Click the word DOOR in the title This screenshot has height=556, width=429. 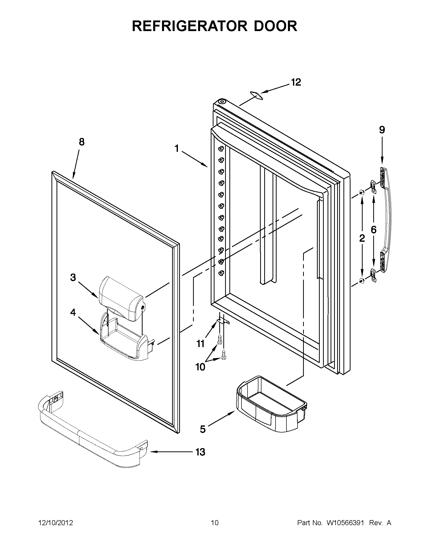pyautogui.click(x=275, y=26)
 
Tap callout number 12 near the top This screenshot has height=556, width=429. pyautogui.click(x=296, y=82)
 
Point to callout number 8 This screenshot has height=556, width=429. pyautogui.click(x=81, y=142)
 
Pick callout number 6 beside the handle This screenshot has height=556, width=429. pyautogui.click(x=373, y=230)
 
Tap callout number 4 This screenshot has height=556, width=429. pyautogui.click(x=73, y=312)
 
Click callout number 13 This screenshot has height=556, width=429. pyautogui.click(x=200, y=452)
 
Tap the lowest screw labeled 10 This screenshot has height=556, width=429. pyautogui.click(x=224, y=355)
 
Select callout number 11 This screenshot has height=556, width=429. pyautogui.click(x=201, y=344)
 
